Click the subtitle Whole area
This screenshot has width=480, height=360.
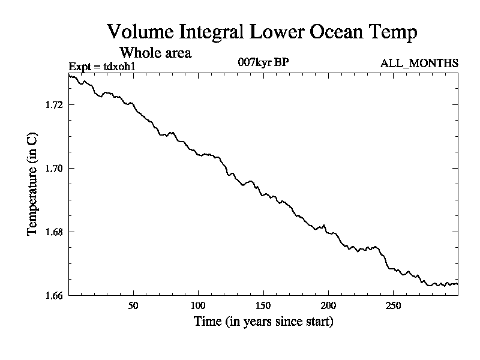point(155,53)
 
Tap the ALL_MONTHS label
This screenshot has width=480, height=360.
point(419,63)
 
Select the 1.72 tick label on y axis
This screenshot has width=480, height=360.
point(54,105)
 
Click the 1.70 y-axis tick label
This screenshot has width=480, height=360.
point(54,169)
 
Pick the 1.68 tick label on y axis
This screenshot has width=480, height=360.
point(54,232)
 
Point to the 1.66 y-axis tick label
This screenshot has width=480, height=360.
point(54,295)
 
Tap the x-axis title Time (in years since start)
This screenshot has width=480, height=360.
point(263,322)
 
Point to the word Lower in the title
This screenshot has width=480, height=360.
point(275,32)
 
